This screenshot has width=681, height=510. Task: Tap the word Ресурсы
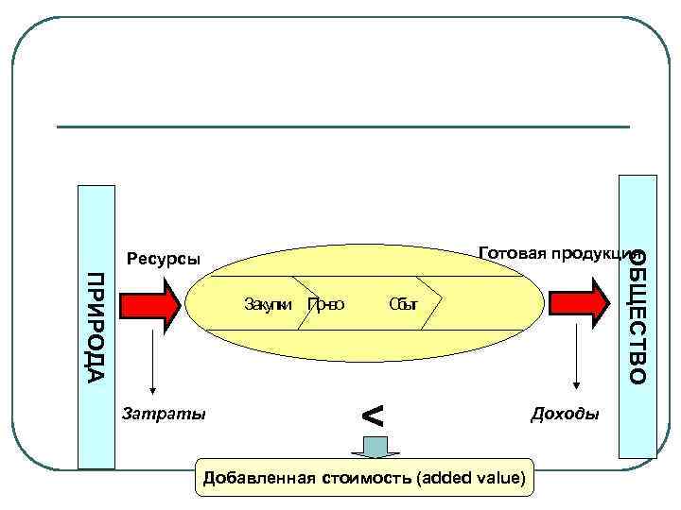[164, 258]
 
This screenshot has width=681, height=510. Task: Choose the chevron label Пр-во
[326, 304]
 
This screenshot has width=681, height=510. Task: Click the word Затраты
[165, 413]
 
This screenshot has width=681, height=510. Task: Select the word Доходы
[566, 414]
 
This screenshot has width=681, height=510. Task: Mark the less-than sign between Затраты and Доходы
[374, 415]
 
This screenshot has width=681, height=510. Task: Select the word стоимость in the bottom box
[364, 478]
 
